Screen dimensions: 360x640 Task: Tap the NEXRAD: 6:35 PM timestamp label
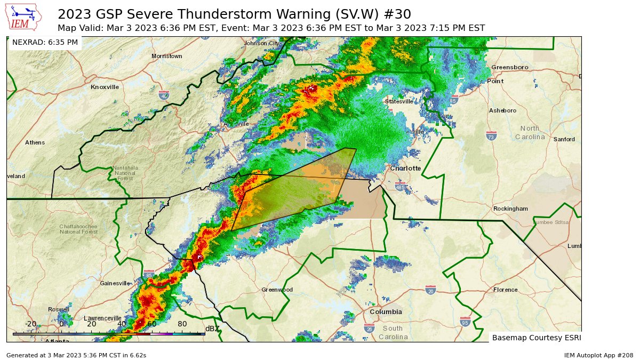(x=45, y=42)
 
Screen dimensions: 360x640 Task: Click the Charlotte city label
(x=405, y=168)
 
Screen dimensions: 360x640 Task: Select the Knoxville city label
(x=105, y=87)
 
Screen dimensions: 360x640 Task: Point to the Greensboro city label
(x=509, y=67)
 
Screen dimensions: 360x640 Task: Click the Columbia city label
(x=386, y=311)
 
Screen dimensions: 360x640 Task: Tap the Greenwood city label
(x=277, y=290)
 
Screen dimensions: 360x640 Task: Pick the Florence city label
(x=505, y=290)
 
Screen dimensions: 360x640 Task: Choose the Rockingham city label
(x=510, y=209)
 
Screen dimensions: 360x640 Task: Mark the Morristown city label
(x=166, y=56)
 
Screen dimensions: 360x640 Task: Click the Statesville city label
(x=399, y=101)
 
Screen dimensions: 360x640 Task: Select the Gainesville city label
(x=115, y=283)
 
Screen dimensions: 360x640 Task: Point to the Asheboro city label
(x=502, y=110)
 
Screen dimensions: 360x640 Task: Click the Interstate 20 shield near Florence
(x=430, y=290)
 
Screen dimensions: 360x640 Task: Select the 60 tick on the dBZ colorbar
(x=152, y=324)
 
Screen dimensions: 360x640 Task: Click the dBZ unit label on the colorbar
(x=212, y=329)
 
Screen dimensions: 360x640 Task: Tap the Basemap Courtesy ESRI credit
(x=535, y=338)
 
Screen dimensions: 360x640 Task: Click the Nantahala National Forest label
(x=125, y=171)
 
